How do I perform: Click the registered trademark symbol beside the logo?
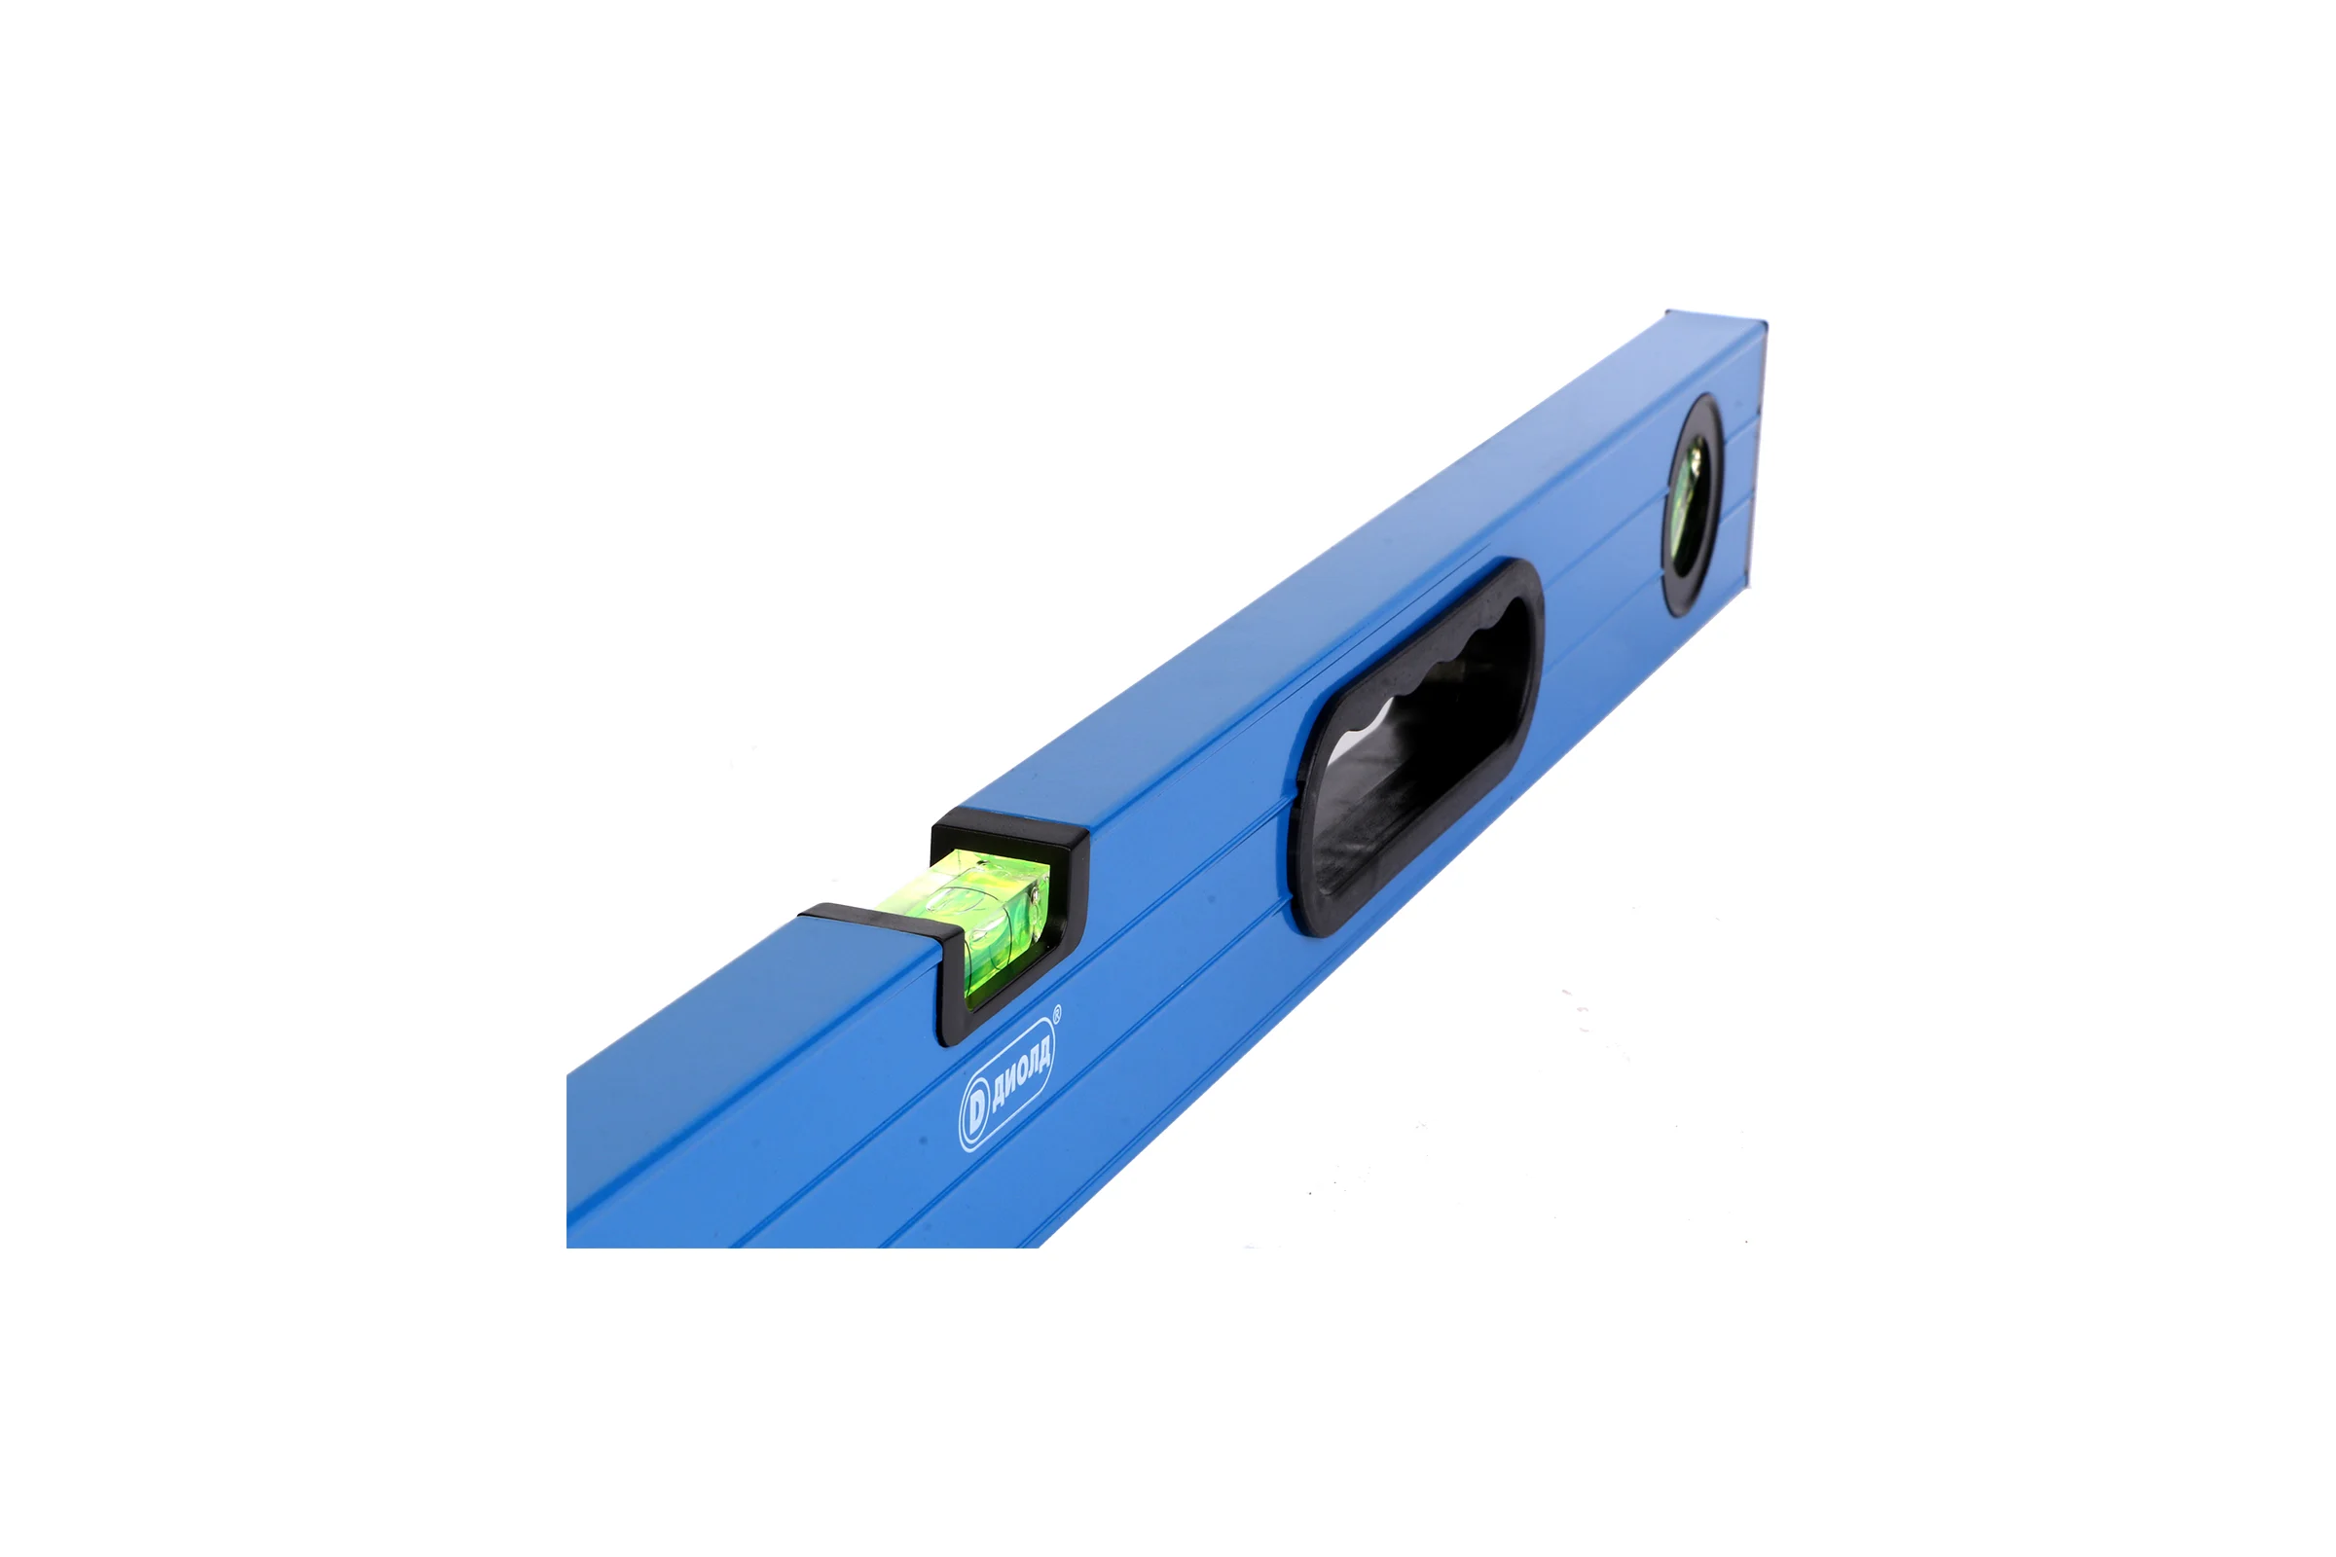1056,1013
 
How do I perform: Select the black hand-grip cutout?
1415,746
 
